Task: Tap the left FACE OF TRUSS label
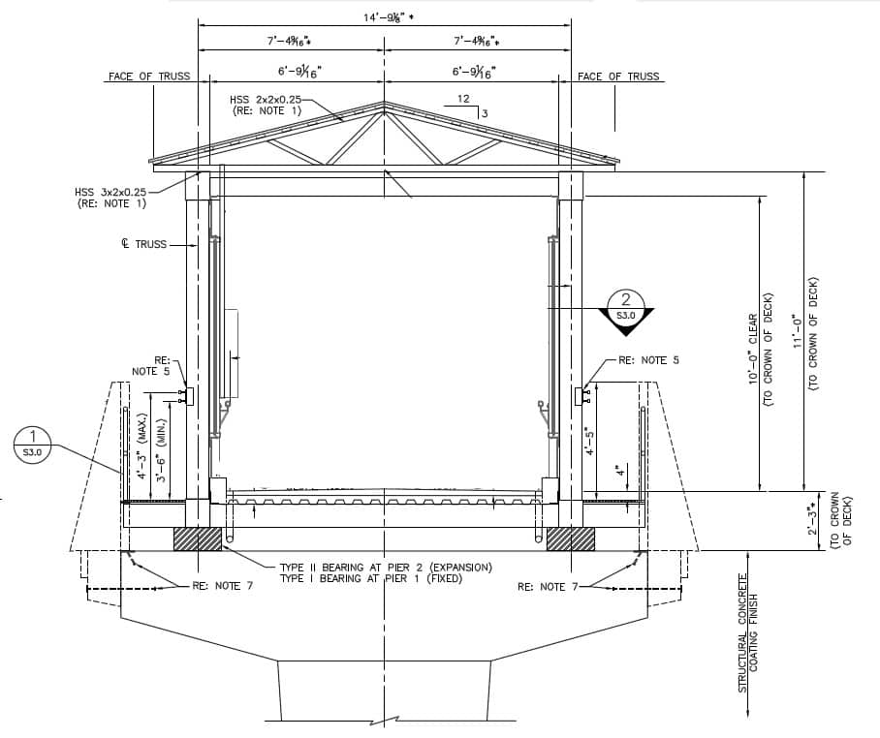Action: click(x=149, y=77)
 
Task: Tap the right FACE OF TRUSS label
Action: click(x=617, y=77)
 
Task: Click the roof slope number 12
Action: click(x=463, y=99)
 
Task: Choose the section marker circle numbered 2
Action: click(x=626, y=305)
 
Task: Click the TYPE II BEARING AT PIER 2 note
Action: click(x=385, y=567)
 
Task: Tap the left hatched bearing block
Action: click(x=198, y=538)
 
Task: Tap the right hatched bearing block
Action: click(x=571, y=538)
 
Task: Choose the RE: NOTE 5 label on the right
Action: click(x=648, y=360)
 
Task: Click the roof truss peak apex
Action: click(x=385, y=102)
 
